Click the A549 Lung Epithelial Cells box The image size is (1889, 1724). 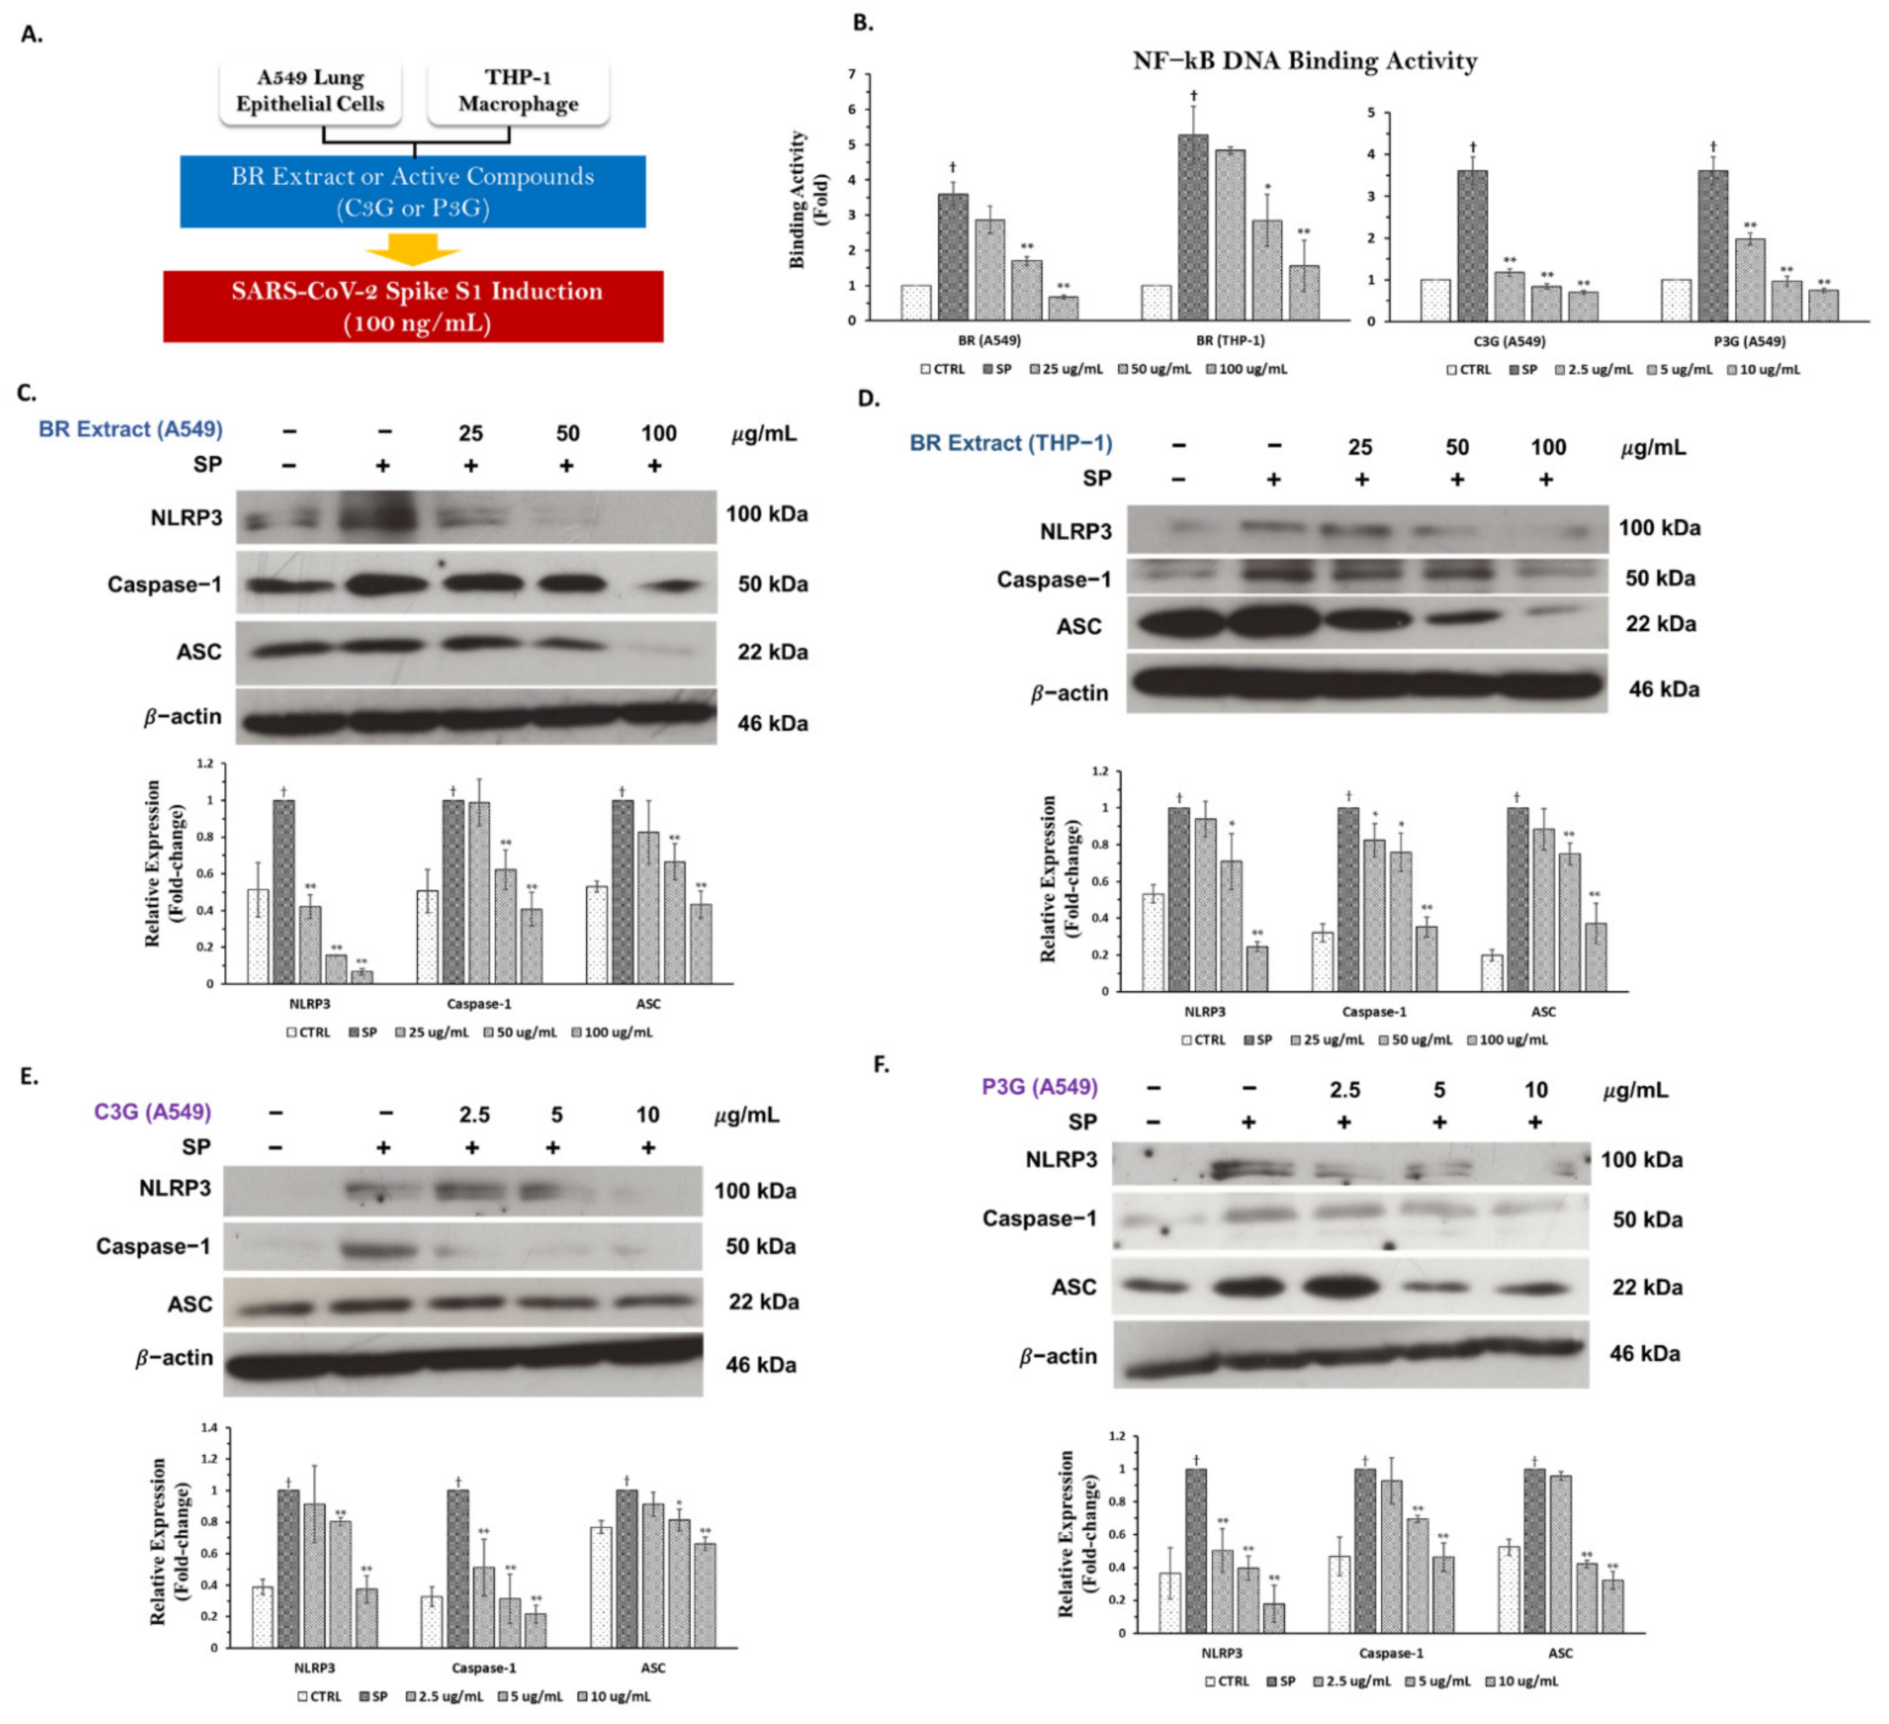pyautogui.click(x=310, y=91)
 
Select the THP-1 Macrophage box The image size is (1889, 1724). pyautogui.click(x=518, y=91)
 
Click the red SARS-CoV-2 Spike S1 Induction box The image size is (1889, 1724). pyautogui.click(x=413, y=306)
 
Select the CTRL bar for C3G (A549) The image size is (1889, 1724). pyautogui.click(x=1435, y=300)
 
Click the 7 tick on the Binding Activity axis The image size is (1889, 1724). pyautogui.click(x=852, y=74)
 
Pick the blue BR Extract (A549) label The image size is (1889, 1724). pyautogui.click(x=130, y=429)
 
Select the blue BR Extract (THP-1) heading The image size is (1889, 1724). pyautogui.click(x=1011, y=443)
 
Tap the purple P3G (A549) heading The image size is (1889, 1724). pyautogui.click(x=1039, y=1087)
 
